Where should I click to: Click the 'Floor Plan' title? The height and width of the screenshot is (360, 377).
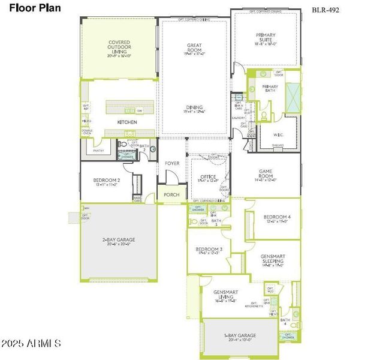[32, 8]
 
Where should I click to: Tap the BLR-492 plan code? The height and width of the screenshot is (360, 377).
[325, 10]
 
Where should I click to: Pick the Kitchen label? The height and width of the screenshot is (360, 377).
[127, 122]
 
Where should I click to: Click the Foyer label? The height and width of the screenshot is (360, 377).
[172, 163]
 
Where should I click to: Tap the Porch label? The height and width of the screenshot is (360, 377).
[171, 194]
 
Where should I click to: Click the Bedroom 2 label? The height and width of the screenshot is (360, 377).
[107, 181]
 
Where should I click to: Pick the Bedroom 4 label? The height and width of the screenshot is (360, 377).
[277, 217]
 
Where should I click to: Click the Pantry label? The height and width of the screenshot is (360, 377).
[99, 150]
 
